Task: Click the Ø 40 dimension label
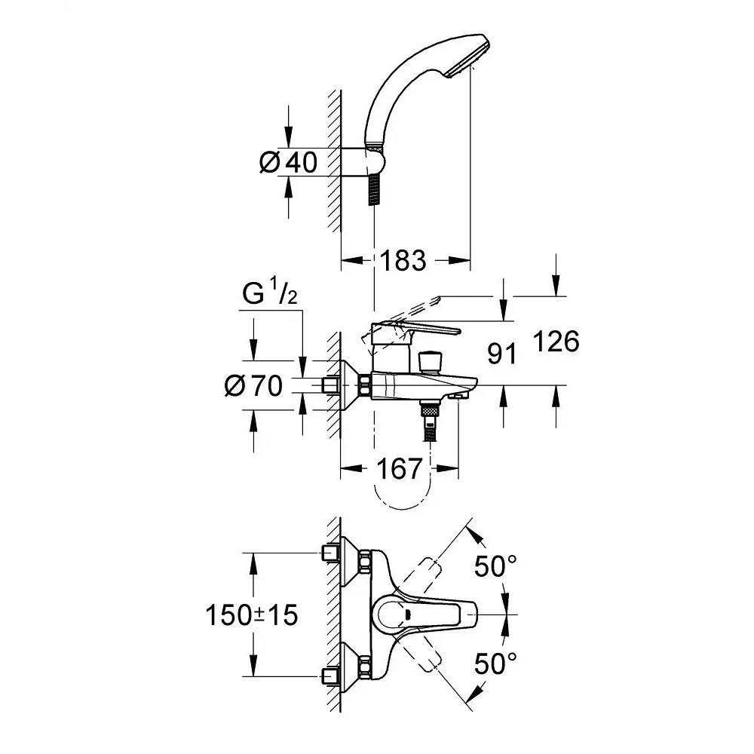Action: (289, 161)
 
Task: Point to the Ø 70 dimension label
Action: (253, 386)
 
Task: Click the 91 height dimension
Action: (503, 353)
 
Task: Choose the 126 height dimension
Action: (556, 342)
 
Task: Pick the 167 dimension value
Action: (400, 469)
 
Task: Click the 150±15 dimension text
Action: (252, 615)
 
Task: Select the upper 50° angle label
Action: (495, 565)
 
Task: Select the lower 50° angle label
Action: (495, 664)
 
